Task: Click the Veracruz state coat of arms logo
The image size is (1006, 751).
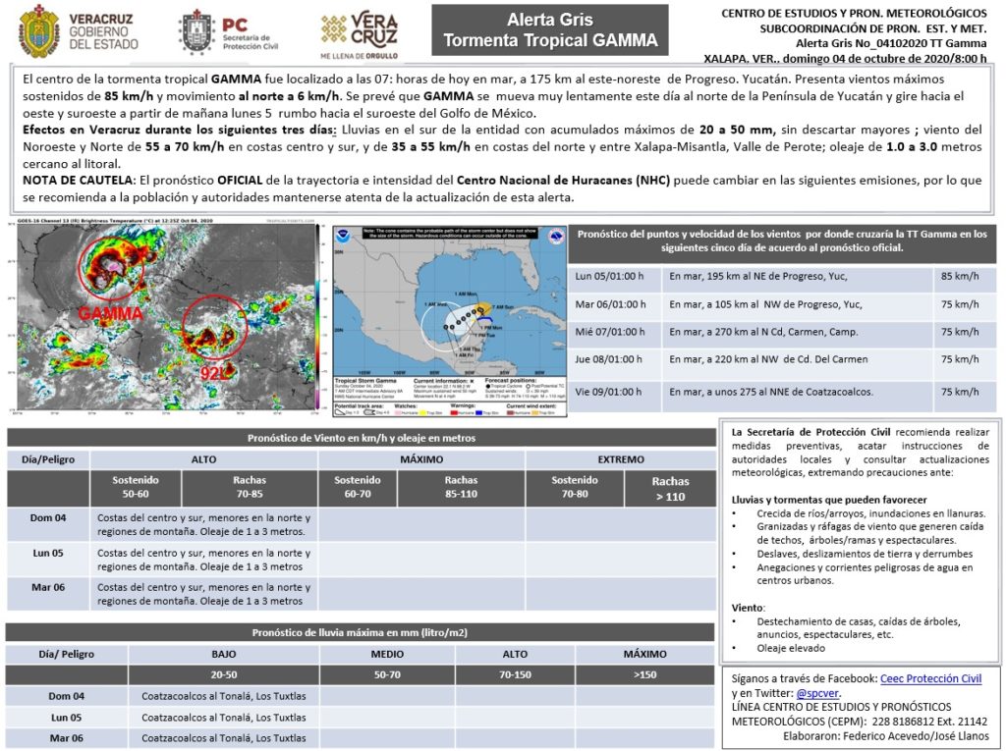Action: coord(38,30)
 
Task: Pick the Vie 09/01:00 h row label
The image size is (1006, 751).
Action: coord(609,392)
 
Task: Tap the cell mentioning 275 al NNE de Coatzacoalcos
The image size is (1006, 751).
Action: coord(770,392)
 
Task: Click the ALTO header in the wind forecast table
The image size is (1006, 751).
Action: coord(203,459)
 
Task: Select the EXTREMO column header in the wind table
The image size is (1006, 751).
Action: coord(621,459)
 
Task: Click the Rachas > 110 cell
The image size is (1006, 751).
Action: coord(670,488)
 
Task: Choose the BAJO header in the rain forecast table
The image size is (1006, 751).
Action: coord(223,654)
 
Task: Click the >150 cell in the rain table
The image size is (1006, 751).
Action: coord(644,674)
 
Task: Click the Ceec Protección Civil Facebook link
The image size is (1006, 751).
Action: coord(930,678)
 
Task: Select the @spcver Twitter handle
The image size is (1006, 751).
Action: coord(816,692)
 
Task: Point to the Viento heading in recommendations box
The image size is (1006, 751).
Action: coord(749,608)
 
